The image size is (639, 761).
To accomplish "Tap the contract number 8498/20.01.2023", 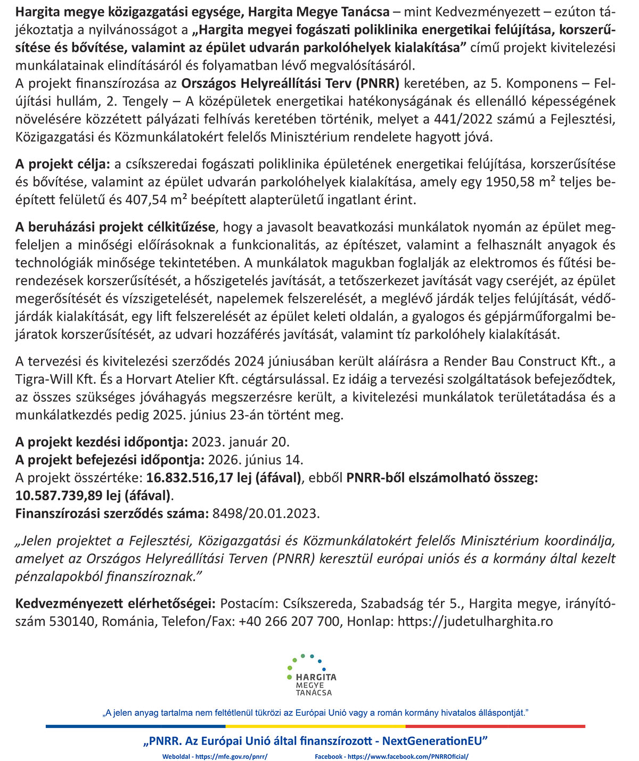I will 266,514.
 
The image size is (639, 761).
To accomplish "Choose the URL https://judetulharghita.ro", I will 475,622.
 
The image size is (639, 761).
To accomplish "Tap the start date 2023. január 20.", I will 241,442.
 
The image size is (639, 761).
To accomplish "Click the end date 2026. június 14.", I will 256,460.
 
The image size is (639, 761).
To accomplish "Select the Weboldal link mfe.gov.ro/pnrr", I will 215,756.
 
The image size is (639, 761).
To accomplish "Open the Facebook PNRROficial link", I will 391,756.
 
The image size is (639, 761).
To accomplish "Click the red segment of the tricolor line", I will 495,726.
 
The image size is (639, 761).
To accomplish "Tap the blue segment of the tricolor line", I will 135,726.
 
